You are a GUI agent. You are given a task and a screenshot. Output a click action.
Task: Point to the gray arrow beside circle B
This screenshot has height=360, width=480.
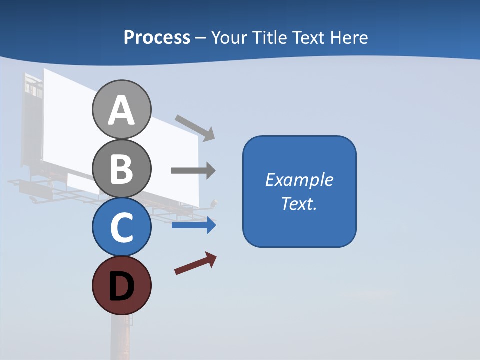pos(193,171)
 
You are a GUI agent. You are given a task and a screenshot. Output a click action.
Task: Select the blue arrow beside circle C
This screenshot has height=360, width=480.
pos(194,225)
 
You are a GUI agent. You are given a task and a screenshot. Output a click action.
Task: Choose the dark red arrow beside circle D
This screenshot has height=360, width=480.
pos(196,263)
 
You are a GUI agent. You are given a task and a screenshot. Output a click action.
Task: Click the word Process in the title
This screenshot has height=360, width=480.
pos(157,38)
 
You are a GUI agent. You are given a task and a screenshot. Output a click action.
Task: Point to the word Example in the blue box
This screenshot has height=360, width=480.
pos(299,180)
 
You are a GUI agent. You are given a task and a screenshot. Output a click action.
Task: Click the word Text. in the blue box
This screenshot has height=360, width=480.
pos(299,204)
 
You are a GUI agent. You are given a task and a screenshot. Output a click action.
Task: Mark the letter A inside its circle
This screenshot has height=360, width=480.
pos(121,110)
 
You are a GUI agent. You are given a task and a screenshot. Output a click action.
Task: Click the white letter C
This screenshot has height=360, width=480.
pos(121,227)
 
